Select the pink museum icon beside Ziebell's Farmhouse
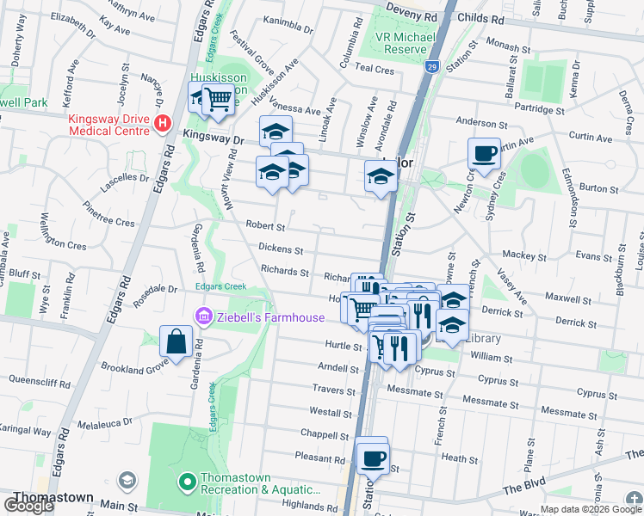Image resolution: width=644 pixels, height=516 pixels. pos(204,317)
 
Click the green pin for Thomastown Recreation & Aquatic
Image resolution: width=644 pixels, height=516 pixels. pos(184,482)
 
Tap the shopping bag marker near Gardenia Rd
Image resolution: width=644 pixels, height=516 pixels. pos(176,341)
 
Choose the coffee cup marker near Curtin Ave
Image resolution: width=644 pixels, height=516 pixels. pos(485,153)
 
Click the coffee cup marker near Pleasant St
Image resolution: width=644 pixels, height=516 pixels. pos(373,458)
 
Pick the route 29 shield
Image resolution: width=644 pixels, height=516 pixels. pos(431,66)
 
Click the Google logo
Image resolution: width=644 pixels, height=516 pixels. pos(28,506)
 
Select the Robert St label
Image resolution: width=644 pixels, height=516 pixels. pos(265,226)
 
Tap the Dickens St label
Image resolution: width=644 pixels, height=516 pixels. pos(281,250)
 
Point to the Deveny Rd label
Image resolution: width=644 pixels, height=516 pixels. pos(411,16)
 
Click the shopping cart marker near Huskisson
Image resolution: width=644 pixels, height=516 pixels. pos(218,101)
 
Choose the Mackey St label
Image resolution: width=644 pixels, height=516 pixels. pos(519,255)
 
